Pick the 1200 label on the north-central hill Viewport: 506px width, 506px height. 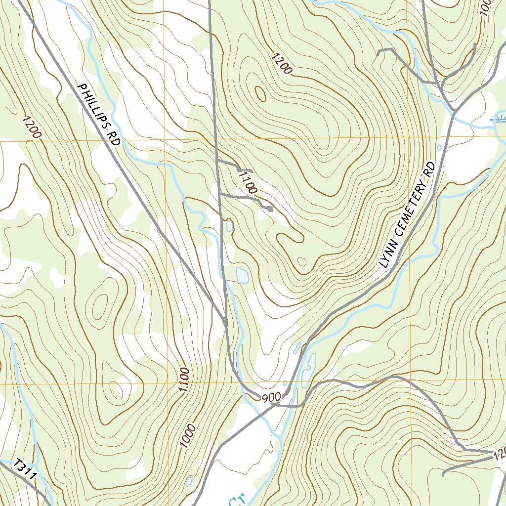click(x=282, y=63)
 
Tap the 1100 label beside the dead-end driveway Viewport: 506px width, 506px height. click(x=248, y=182)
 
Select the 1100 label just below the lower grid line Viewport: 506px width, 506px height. click(x=184, y=380)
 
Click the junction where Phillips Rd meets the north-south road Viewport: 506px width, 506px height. click(x=225, y=324)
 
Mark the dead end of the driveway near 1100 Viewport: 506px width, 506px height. click(x=271, y=210)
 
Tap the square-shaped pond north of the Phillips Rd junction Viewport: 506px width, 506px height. click(x=242, y=275)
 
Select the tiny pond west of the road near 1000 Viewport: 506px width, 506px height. click(x=189, y=480)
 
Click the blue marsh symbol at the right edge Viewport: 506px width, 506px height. click(x=500, y=119)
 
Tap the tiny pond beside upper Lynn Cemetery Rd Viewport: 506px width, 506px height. click(x=439, y=147)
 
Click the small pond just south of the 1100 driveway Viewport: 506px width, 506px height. click(x=229, y=226)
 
